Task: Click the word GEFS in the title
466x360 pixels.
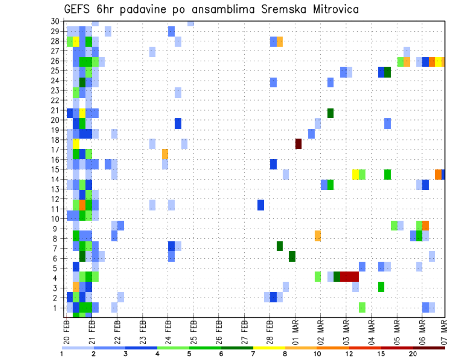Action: tap(76, 10)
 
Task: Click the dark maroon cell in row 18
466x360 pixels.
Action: tap(299, 144)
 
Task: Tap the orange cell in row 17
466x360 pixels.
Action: tap(165, 154)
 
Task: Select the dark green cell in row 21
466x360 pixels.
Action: tap(331, 113)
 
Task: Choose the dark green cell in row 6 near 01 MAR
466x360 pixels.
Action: tap(292, 256)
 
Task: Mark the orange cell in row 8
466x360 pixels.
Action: tap(317, 236)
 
